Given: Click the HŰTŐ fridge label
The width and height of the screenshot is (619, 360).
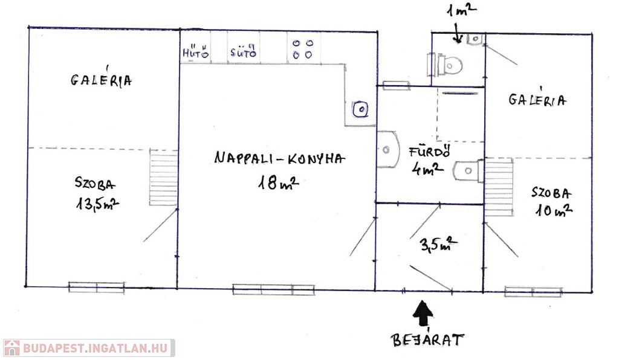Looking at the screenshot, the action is pos(195,52).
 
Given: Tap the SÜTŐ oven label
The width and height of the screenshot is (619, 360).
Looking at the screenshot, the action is pos(244,51).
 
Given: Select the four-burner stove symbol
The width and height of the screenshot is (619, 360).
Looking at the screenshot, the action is pos(303,49).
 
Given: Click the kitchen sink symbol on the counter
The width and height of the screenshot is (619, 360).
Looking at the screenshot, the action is pos(360,109).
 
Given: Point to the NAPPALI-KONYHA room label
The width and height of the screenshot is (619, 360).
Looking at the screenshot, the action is pos(279,158).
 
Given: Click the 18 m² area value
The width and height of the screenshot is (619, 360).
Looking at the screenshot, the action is pos(278,182).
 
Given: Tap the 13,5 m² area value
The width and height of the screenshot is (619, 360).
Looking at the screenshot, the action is pos(97,204).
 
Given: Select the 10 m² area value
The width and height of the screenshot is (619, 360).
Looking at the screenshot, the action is pos(554,210).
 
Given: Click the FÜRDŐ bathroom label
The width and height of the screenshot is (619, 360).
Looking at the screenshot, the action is pos(430,152).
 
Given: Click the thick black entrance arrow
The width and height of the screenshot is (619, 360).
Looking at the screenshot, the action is pos(423,313).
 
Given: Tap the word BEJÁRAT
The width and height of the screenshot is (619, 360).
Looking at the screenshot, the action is pos(427,339).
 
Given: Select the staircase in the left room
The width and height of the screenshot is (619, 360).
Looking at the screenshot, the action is pos(163,178).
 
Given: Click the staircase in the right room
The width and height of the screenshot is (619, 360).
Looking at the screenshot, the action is pos(499,187).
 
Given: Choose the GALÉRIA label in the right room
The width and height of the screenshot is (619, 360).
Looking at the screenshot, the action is pos(537,100).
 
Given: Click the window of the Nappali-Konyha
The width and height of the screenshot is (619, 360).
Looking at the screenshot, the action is pos(274,290).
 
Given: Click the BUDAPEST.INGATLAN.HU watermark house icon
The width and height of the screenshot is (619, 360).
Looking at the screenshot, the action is pos(12,348).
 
